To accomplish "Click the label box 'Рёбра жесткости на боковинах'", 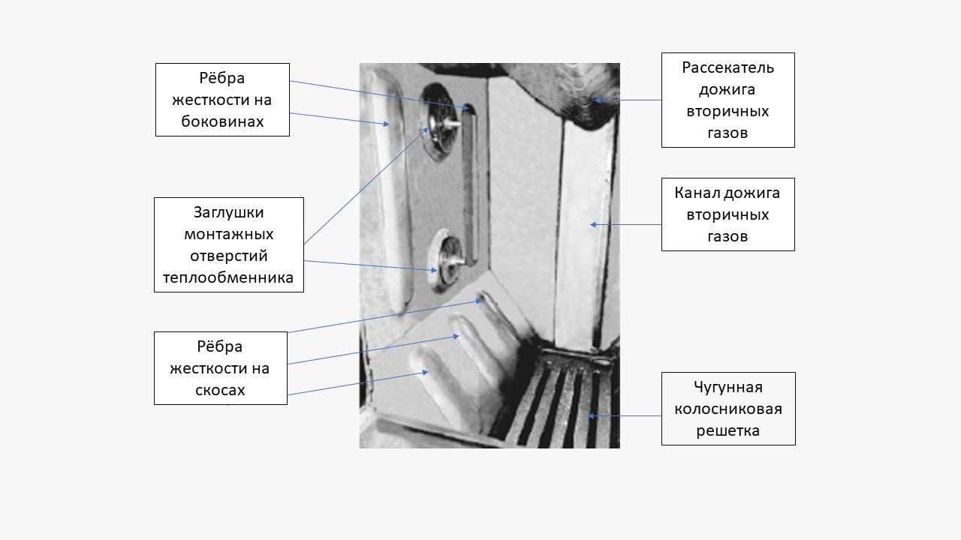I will point(222,99).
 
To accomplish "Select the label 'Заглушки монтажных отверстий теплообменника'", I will point(228,244).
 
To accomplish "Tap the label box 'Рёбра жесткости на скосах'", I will point(220,368).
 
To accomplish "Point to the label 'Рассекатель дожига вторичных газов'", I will point(728,100).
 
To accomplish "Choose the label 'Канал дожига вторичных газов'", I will point(728,214).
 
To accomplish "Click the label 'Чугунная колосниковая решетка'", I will point(728,409).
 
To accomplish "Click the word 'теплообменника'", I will point(228,277).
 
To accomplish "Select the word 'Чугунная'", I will point(728,387).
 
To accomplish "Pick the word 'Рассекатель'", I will point(728,67).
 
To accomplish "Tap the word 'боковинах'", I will point(222,121).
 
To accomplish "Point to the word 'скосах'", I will point(220,390).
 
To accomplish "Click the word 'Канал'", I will point(697,193).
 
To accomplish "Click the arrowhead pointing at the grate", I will point(592,415).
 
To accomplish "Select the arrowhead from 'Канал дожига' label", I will point(592,224).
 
